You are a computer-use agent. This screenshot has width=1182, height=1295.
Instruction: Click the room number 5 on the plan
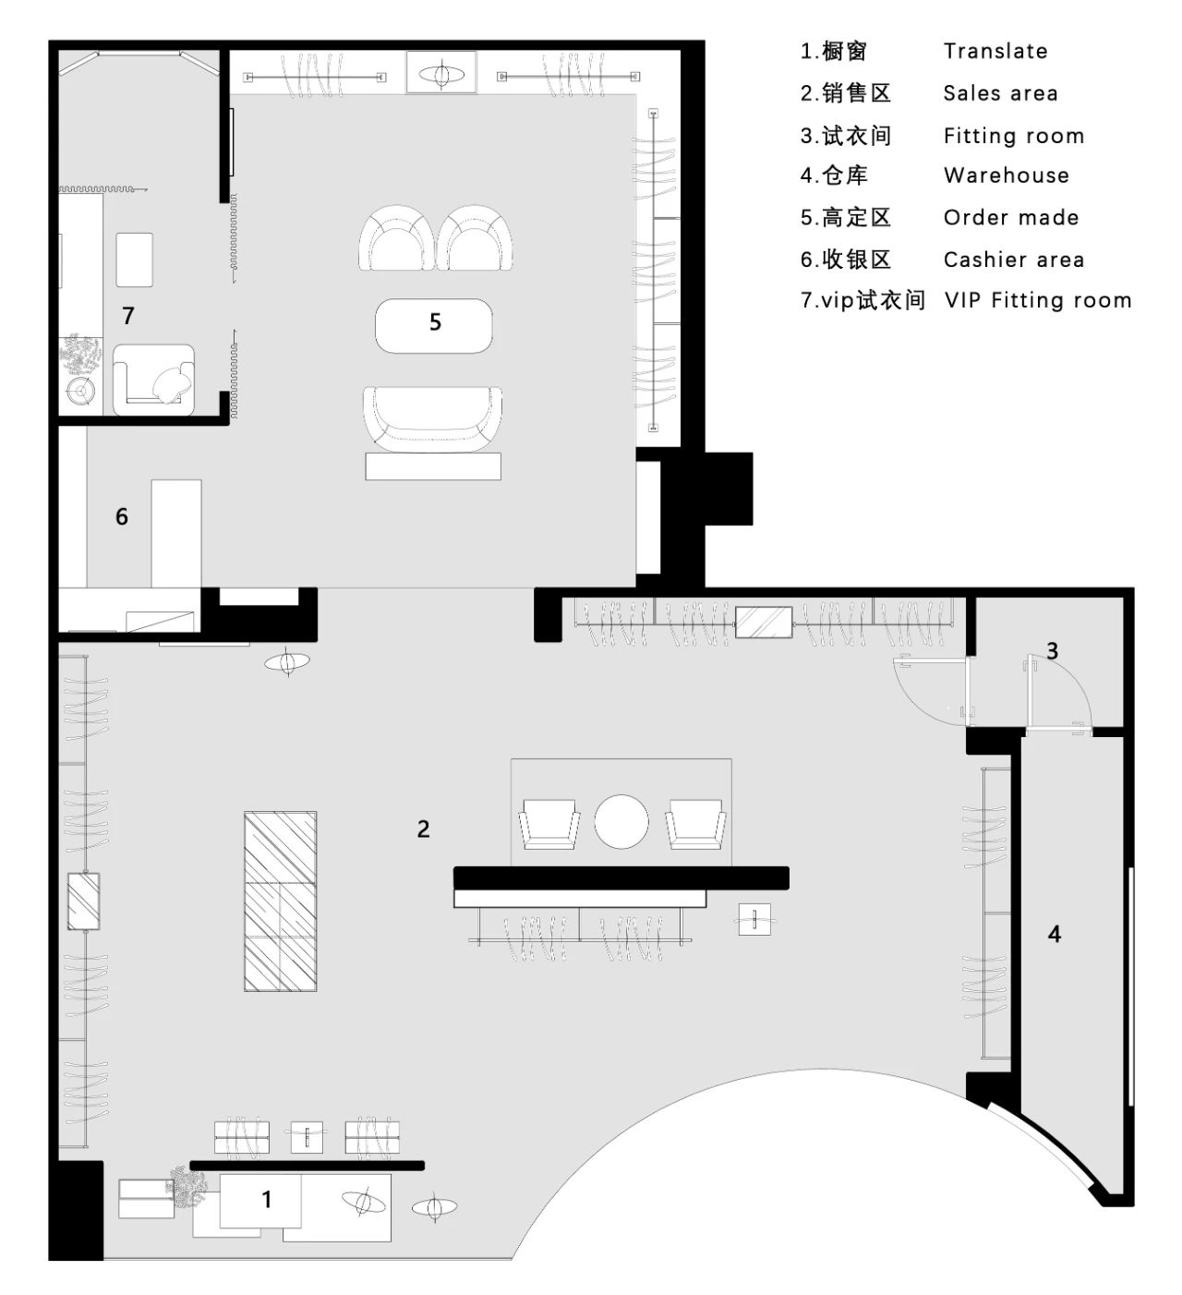click(x=435, y=321)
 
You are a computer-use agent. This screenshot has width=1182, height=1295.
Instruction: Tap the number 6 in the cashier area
click(x=121, y=516)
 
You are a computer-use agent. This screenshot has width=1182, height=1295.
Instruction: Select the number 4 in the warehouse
click(x=1054, y=934)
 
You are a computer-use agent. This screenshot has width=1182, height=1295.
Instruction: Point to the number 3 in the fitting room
click(x=1052, y=650)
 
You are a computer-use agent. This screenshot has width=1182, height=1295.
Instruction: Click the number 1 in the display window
click(x=266, y=1199)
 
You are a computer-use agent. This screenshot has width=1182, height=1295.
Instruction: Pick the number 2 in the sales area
click(x=423, y=829)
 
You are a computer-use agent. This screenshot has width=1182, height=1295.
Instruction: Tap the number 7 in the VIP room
click(x=128, y=315)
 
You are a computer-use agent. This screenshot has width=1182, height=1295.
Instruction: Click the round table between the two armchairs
click(x=621, y=821)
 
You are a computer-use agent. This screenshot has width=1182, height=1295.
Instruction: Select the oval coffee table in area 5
click(x=434, y=326)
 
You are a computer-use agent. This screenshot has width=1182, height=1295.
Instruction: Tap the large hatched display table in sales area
click(x=280, y=902)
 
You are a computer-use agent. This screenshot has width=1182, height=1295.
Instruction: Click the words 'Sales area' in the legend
click(x=1000, y=93)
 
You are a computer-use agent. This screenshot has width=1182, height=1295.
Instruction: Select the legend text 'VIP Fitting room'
click(x=1038, y=300)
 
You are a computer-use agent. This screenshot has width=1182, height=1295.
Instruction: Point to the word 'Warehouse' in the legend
click(x=1006, y=175)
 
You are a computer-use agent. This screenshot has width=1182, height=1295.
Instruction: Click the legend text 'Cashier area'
click(x=1013, y=260)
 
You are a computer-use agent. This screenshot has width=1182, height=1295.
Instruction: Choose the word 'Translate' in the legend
click(x=995, y=51)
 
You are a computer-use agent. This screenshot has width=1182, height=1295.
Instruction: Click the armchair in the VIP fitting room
click(x=153, y=380)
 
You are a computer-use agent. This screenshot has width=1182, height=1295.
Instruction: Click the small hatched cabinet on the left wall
click(x=83, y=901)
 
